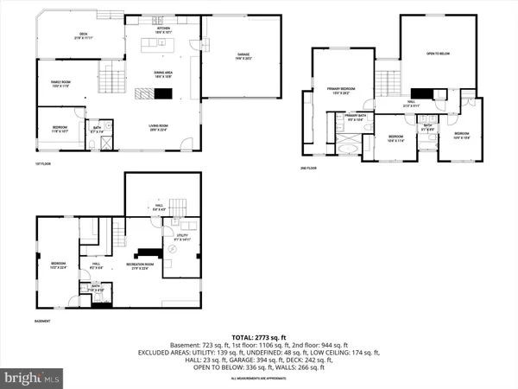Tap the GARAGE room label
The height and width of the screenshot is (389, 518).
[x=243, y=56]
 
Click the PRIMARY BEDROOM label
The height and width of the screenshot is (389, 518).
[x=340, y=89]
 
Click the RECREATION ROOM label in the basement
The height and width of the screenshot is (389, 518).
[x=140, y=264]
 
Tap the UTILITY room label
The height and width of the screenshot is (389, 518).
[x=181, y=236]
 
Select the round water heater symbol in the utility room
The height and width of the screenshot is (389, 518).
[x=174, y=248]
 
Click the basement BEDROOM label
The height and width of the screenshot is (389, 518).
[x=58, y=264]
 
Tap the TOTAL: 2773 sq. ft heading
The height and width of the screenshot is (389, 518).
[x=258, y=337]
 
